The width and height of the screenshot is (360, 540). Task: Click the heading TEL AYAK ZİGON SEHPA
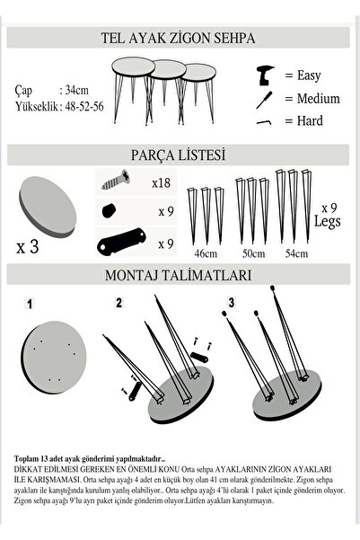pos(180,38)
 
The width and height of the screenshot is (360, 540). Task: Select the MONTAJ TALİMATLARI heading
pos(180,274)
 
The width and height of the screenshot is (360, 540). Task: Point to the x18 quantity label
pos(161,182)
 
